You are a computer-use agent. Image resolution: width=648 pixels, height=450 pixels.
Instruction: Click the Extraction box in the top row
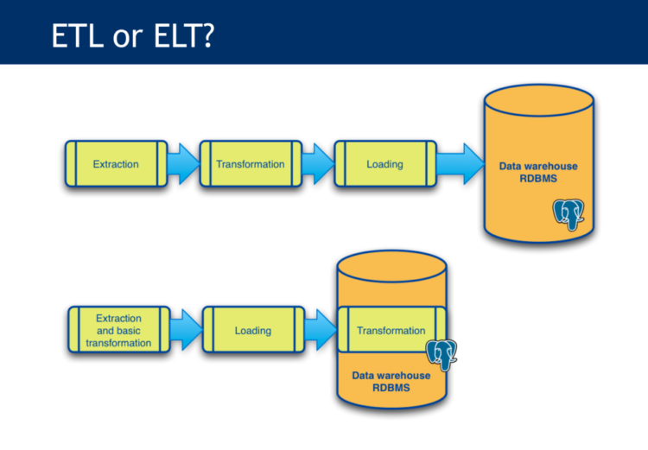pos(116,164)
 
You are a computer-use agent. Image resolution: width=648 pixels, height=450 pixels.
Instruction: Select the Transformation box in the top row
pos(251,164)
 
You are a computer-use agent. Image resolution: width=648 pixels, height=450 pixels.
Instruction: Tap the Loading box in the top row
pos(384,164)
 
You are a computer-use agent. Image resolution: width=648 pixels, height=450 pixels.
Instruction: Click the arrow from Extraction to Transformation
pos(182,164)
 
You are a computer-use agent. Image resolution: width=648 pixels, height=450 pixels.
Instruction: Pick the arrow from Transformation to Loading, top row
pos(317,164)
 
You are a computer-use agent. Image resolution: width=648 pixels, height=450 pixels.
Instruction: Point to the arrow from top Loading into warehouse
pos(458,164)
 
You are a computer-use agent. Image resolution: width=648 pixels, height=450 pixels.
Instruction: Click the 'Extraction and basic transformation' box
pos(118,331)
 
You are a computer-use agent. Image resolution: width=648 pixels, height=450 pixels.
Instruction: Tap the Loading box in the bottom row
pos(253,331)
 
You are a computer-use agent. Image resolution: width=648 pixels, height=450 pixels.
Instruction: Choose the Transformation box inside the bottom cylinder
pos(391,331)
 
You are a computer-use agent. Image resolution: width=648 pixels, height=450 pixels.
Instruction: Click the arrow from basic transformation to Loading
pos(185,331)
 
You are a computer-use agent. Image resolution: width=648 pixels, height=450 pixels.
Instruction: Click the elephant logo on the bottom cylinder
pos(442,354)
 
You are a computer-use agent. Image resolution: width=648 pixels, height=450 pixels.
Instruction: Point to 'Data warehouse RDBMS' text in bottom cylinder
pos(391,383)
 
